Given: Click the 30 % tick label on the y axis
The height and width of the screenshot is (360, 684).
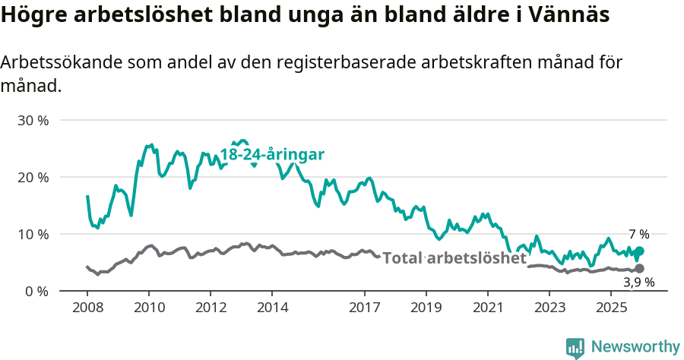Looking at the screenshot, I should pos(33,120).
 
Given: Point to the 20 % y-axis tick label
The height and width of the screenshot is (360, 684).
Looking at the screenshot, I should pos(33,177).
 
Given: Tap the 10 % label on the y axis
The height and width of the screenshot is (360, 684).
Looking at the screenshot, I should pos(33,234).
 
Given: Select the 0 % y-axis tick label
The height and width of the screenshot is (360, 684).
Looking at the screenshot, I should pos(36,291).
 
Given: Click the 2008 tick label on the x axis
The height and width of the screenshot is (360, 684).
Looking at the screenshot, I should pos(87,308).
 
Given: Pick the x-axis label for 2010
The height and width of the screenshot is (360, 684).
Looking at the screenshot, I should pos(148,308).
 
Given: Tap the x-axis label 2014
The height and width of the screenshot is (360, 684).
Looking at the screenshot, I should pos(272,308).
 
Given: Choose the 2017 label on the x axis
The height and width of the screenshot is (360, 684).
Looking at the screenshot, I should pos(364,308).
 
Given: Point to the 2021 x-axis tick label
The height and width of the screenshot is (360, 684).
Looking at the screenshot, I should pos(488,308).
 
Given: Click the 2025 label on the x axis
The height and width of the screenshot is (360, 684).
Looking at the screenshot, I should pos(611,308).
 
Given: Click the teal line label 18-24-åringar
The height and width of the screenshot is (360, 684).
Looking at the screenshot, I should pos(272,154).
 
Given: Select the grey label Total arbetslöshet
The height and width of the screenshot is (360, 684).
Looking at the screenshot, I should pos(454,258).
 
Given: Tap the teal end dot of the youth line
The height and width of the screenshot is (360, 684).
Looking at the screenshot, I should pos(639,251).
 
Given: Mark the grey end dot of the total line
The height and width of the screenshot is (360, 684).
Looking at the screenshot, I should pos(639,268).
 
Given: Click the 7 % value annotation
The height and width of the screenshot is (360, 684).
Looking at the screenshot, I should pos(639,234).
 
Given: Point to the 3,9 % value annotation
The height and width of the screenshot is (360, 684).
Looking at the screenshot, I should pos(639,283).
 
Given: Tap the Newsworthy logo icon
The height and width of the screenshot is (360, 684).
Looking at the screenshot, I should pos(575,347).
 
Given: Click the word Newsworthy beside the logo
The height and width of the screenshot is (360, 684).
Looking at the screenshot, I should pos(635,347).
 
